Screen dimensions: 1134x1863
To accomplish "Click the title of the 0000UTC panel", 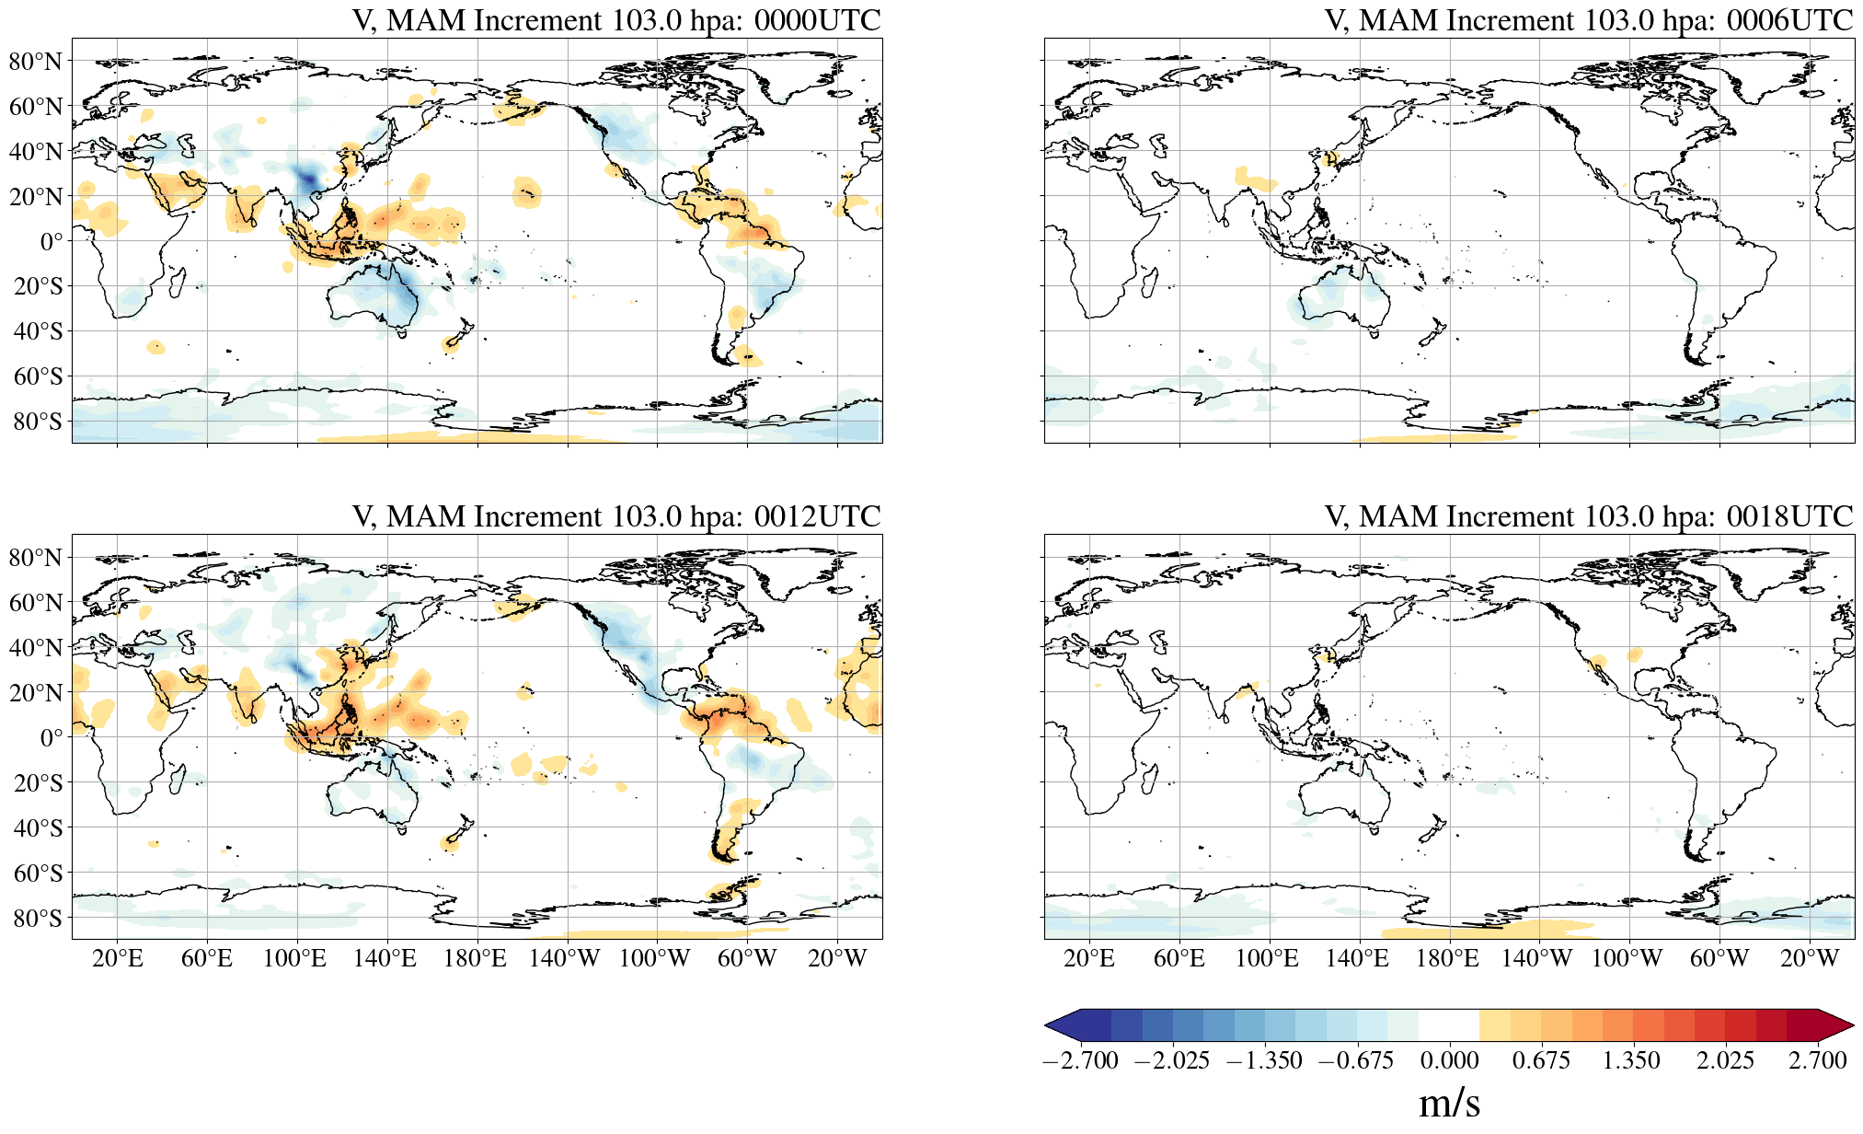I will [616, 20].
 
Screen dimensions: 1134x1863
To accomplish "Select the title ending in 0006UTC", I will [1589, 20].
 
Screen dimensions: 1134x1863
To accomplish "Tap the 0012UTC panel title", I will [616, 516].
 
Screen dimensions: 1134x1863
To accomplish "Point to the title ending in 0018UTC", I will [1589, 516].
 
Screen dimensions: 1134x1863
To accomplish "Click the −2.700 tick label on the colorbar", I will [1080, 1060].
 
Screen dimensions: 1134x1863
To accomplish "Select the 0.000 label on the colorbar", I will [1449, 1060].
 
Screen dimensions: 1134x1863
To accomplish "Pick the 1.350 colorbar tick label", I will [1631, 1060].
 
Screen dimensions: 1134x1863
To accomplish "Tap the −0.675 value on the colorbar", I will [1356, 1060].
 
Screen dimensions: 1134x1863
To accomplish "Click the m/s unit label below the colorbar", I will [1449, 1103].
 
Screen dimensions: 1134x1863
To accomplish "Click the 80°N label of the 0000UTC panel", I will [36, 62].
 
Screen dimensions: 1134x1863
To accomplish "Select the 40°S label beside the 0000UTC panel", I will [38, 331].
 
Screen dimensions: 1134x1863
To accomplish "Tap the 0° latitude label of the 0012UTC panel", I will [52, 738].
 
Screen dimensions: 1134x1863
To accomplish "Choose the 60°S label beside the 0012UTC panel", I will [38, 873].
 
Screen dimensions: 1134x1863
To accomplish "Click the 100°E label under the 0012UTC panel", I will [294, 959].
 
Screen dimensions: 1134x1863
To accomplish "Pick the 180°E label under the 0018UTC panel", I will [1447, 959].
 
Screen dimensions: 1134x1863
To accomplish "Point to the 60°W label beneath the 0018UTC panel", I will [1719, 959].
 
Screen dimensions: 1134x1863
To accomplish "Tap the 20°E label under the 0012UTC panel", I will [117, 959].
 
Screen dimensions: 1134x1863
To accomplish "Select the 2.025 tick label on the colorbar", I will [1725, 1060].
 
